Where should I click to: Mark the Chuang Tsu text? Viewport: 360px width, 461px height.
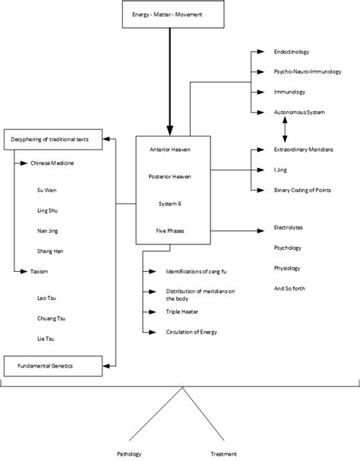50,318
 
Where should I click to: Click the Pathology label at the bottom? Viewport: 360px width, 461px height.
128,453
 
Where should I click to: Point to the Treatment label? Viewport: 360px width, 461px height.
226,453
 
